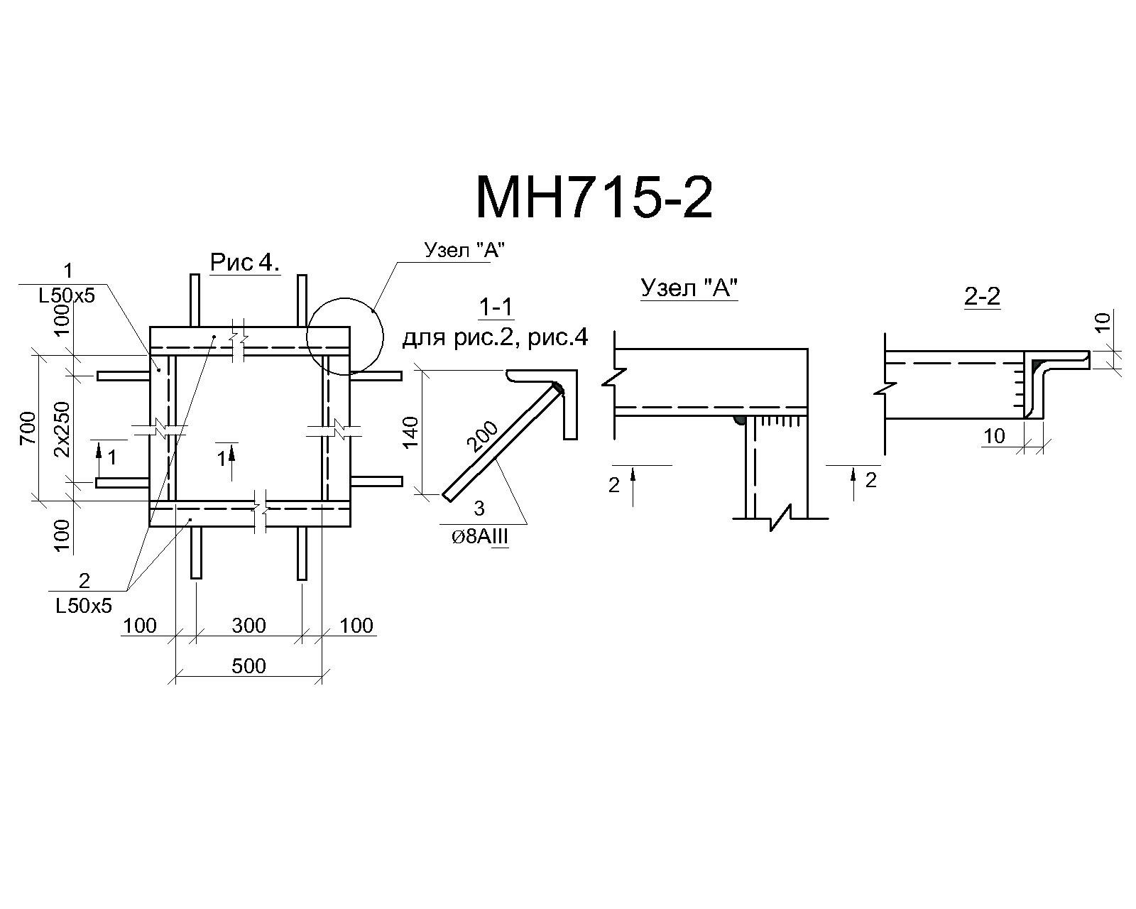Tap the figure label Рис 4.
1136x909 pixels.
245,262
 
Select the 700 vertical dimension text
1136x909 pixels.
29,428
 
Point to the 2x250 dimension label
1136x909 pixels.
62,430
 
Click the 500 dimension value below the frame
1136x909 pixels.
248,666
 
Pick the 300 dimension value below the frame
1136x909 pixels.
248,626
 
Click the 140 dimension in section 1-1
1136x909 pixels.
410,432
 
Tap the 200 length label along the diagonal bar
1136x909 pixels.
483,436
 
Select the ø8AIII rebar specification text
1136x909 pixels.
479,537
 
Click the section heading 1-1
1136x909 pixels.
496,307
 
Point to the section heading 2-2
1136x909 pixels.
983,296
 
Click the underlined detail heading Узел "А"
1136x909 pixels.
689,288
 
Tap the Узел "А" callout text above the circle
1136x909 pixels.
464,250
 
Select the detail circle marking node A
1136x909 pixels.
345,298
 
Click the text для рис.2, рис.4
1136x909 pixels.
495,337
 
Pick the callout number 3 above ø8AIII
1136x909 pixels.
479,508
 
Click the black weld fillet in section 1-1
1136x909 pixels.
559,390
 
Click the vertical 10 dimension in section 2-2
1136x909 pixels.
1103,322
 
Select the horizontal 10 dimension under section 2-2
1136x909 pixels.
995,436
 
